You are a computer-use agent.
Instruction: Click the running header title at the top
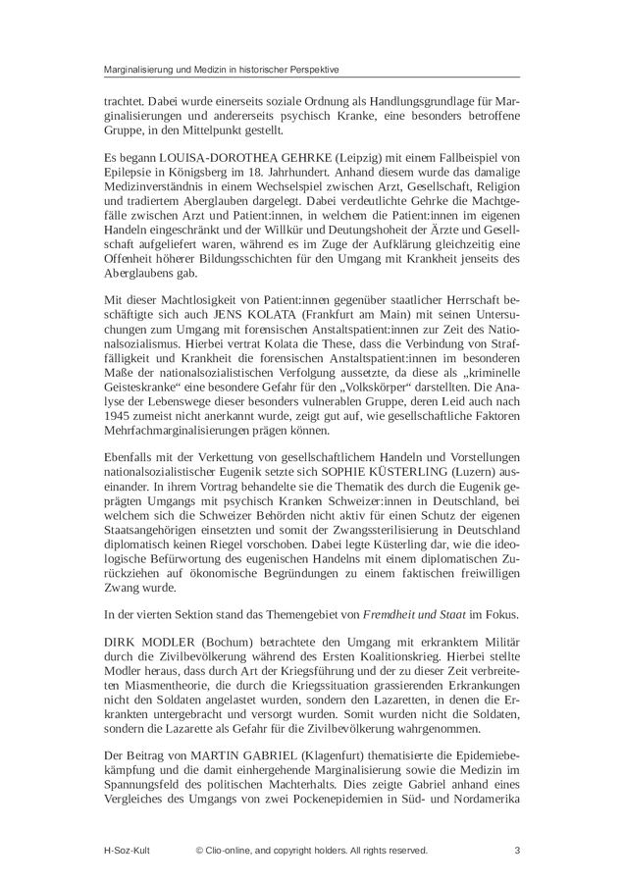point(222,70)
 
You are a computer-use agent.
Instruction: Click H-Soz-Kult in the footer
point(130,850)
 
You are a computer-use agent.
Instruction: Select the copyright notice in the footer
point(311,850)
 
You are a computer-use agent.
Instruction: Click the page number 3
point(516,850)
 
